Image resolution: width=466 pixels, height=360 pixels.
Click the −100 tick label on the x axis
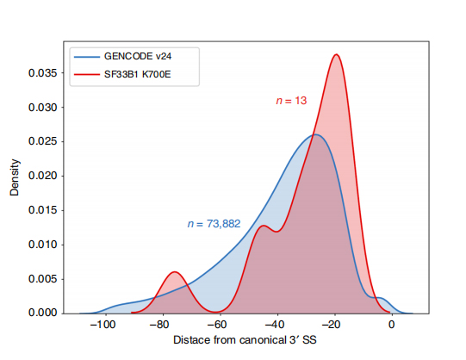[102, 326]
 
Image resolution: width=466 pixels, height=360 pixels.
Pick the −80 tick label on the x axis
[159, 326]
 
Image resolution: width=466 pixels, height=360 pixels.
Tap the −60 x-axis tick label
[217, 326]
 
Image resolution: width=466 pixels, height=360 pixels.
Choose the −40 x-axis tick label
[275, 326]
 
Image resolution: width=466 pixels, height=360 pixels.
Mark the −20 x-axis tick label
[333, 326]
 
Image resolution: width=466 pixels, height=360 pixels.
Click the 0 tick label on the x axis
[391, 326]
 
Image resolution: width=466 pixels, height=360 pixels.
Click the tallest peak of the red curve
[336, 55]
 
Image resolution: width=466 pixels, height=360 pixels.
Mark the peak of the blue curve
[316, 134]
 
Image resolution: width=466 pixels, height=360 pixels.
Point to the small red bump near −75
[175, 272]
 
